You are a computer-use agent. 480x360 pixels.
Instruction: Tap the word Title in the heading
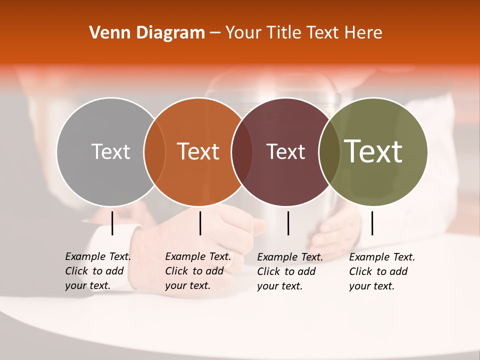pyautogui.click(x=284, y=33)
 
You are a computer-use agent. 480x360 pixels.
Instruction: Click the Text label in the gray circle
pyautogui.click(x=110, y=151)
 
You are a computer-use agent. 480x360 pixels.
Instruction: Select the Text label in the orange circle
pyautogui.click(x=198, y=151)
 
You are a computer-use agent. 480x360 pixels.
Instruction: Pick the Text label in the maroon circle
pyautogui.click(x=286, y=151)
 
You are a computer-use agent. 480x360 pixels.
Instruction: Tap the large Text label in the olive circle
pyautogui.click(x=373, y=151)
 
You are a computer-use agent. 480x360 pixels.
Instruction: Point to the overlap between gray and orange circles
pyautogui.click(x=154, y=152)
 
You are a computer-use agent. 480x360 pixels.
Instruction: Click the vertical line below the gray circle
pyautogui.click(x=112, y=223)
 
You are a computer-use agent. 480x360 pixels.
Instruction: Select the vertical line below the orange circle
pyautogui.click(x=200, y=223)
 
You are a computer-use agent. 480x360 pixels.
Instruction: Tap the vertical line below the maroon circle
pyautogui.click(x=288, y=223)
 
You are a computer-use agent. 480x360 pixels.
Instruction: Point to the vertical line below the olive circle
pyautogui.click(x=372, y=223)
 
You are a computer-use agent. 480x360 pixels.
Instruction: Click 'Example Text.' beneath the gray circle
pyautogui.click(x=98, y=256)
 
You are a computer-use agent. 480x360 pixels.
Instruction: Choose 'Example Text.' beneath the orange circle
pyautogui.click(x=198, y=256)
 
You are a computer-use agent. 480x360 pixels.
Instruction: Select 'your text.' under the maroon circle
pyautogui.click(x=279, y=286)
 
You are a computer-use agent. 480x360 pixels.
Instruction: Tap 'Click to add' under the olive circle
pyautogui.click(x=378, y=271)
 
